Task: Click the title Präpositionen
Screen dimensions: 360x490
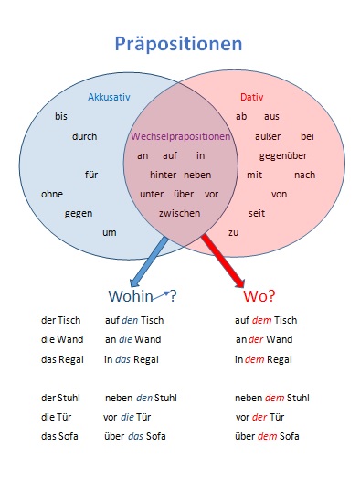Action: (178, 44)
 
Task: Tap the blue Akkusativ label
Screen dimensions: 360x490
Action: (109, 97)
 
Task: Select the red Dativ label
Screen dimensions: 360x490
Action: (251, 97)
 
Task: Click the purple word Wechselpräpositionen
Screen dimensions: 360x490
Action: (181, 136)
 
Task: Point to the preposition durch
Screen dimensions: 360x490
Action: (84, 136)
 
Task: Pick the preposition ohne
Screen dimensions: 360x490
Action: (52, 194)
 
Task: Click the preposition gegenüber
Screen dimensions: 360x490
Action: (283, 156)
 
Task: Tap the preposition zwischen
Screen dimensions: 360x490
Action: (179, 213)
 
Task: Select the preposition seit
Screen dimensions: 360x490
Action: (257, 213)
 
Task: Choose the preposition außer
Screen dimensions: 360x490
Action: (268, 136)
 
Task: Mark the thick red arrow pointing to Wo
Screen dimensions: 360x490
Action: (223, 260)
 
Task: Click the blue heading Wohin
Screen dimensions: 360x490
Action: (131, 296)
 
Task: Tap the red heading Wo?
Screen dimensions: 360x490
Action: (259, 296)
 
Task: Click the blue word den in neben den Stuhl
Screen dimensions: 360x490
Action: (144, 399)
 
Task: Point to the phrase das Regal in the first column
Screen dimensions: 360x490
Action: (62, 359)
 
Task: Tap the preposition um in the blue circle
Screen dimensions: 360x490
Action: (110, 233)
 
